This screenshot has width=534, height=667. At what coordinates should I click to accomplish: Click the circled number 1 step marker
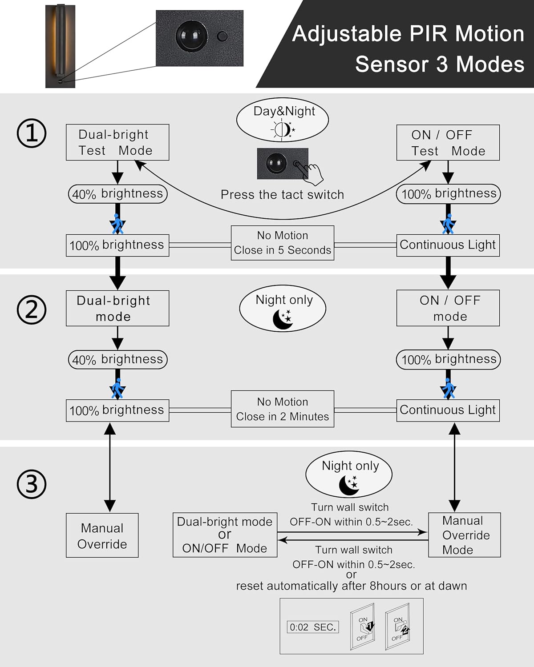pyautogui.click(x=32, y=133)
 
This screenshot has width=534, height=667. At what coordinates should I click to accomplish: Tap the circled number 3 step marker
pyautogui.click(x=32, y=484)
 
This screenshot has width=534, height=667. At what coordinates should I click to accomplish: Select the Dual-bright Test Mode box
pyautogui.click(x=117, y=142)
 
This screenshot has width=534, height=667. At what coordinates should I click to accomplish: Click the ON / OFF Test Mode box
pyautogui.click(x=448, y=142)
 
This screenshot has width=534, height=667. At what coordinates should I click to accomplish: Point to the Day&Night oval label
pyautogui.click(x=283, y=120)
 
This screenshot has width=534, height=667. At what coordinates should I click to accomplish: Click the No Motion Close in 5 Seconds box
pyautogui.click(x=283, y=243)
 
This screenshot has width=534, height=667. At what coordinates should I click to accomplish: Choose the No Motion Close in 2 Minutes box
pyautogui.click(x=283, y=409)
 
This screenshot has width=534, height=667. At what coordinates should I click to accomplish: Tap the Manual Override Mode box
pyautogui.click(x=464, y=535)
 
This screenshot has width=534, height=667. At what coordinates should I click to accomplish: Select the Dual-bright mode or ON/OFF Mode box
pyautogui.click(x=225, y=535)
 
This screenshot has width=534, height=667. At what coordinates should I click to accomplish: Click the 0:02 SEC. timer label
pyautogui.click(x=312, y=627)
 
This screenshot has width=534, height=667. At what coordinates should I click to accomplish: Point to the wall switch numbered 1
pyautogui.click(x=363, y=629)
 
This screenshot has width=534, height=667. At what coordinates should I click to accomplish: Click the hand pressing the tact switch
pyautogui.click(x=311, y=173)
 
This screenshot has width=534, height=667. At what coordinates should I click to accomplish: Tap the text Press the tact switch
pyautogui.click(x=283, y=195)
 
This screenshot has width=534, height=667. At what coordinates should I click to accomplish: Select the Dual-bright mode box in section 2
pyautogui.click(x=117, y=308)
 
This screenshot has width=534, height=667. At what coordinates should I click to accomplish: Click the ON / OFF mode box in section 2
pyautogui.click(x=448, y=308)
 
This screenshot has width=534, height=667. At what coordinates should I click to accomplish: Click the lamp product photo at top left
pyautogui.click(x=60, y=46)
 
